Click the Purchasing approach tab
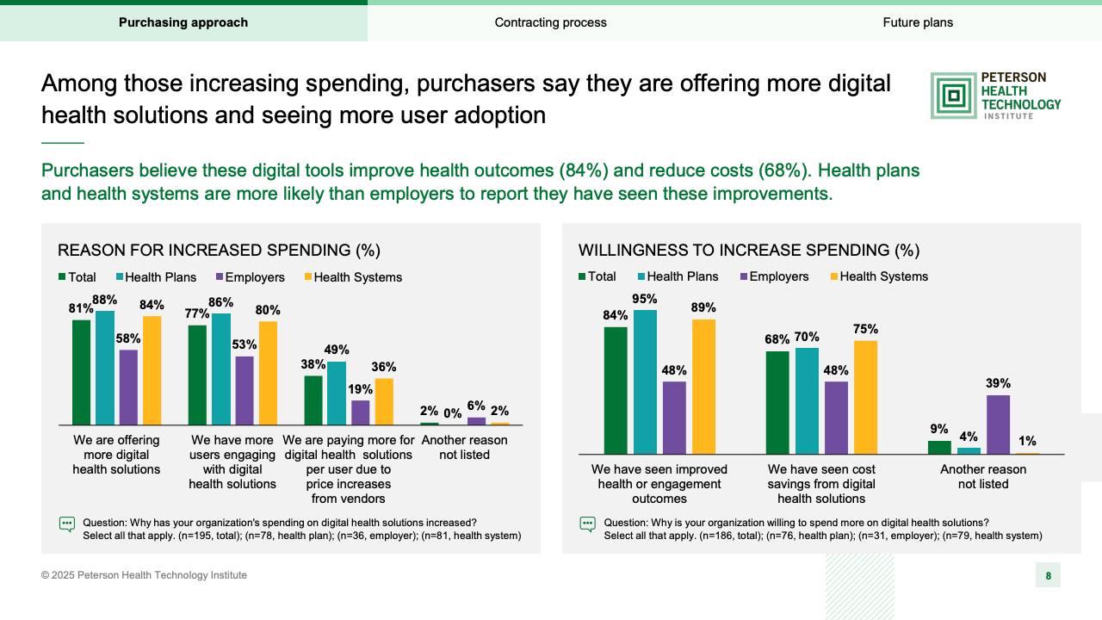[x=183, y=22]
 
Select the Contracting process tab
[x=550, y=22]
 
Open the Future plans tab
[x=918, y=22]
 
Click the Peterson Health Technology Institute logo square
[x=953, y=96]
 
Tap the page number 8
[x=1048, y=576]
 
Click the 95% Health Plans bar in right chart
[x=645, y=381]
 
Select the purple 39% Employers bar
[x=998, y=425]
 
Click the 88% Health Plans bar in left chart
[x=105, y=368]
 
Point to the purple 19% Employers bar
[x=360, y=412]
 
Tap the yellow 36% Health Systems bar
[x=384, y=401]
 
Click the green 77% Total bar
[x=197, y=375]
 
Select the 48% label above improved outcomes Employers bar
[x=674, y=371]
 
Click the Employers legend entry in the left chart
[x=250, y=277]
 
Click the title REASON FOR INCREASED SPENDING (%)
[x=219, y=251]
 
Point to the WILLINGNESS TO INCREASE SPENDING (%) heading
[x=749, y=251]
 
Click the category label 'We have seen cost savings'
[x=821, y=484]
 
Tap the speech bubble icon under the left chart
[x=66, y=524]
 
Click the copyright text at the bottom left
[x=144, y=575]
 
